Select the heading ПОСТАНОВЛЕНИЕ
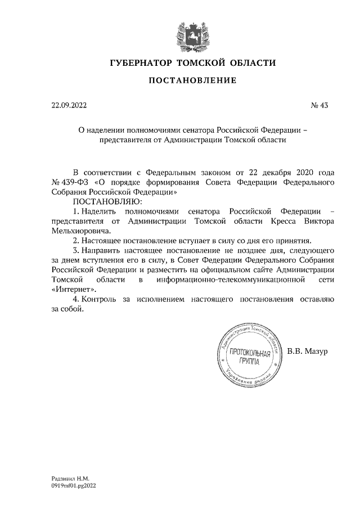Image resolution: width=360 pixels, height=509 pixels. pos(192,82)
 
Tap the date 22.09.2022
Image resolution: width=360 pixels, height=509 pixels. pos(69,105)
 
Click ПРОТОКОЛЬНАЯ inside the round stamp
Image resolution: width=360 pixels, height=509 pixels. pos(248,355)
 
